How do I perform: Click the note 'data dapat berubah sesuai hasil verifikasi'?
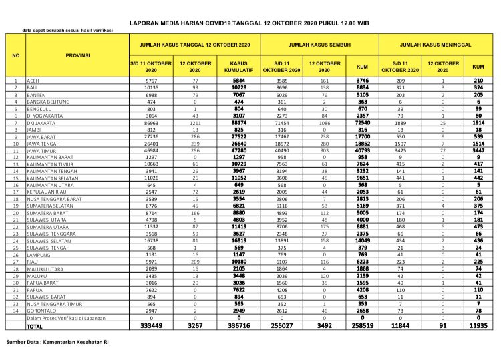pyautogui.click(x=67, y=31)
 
